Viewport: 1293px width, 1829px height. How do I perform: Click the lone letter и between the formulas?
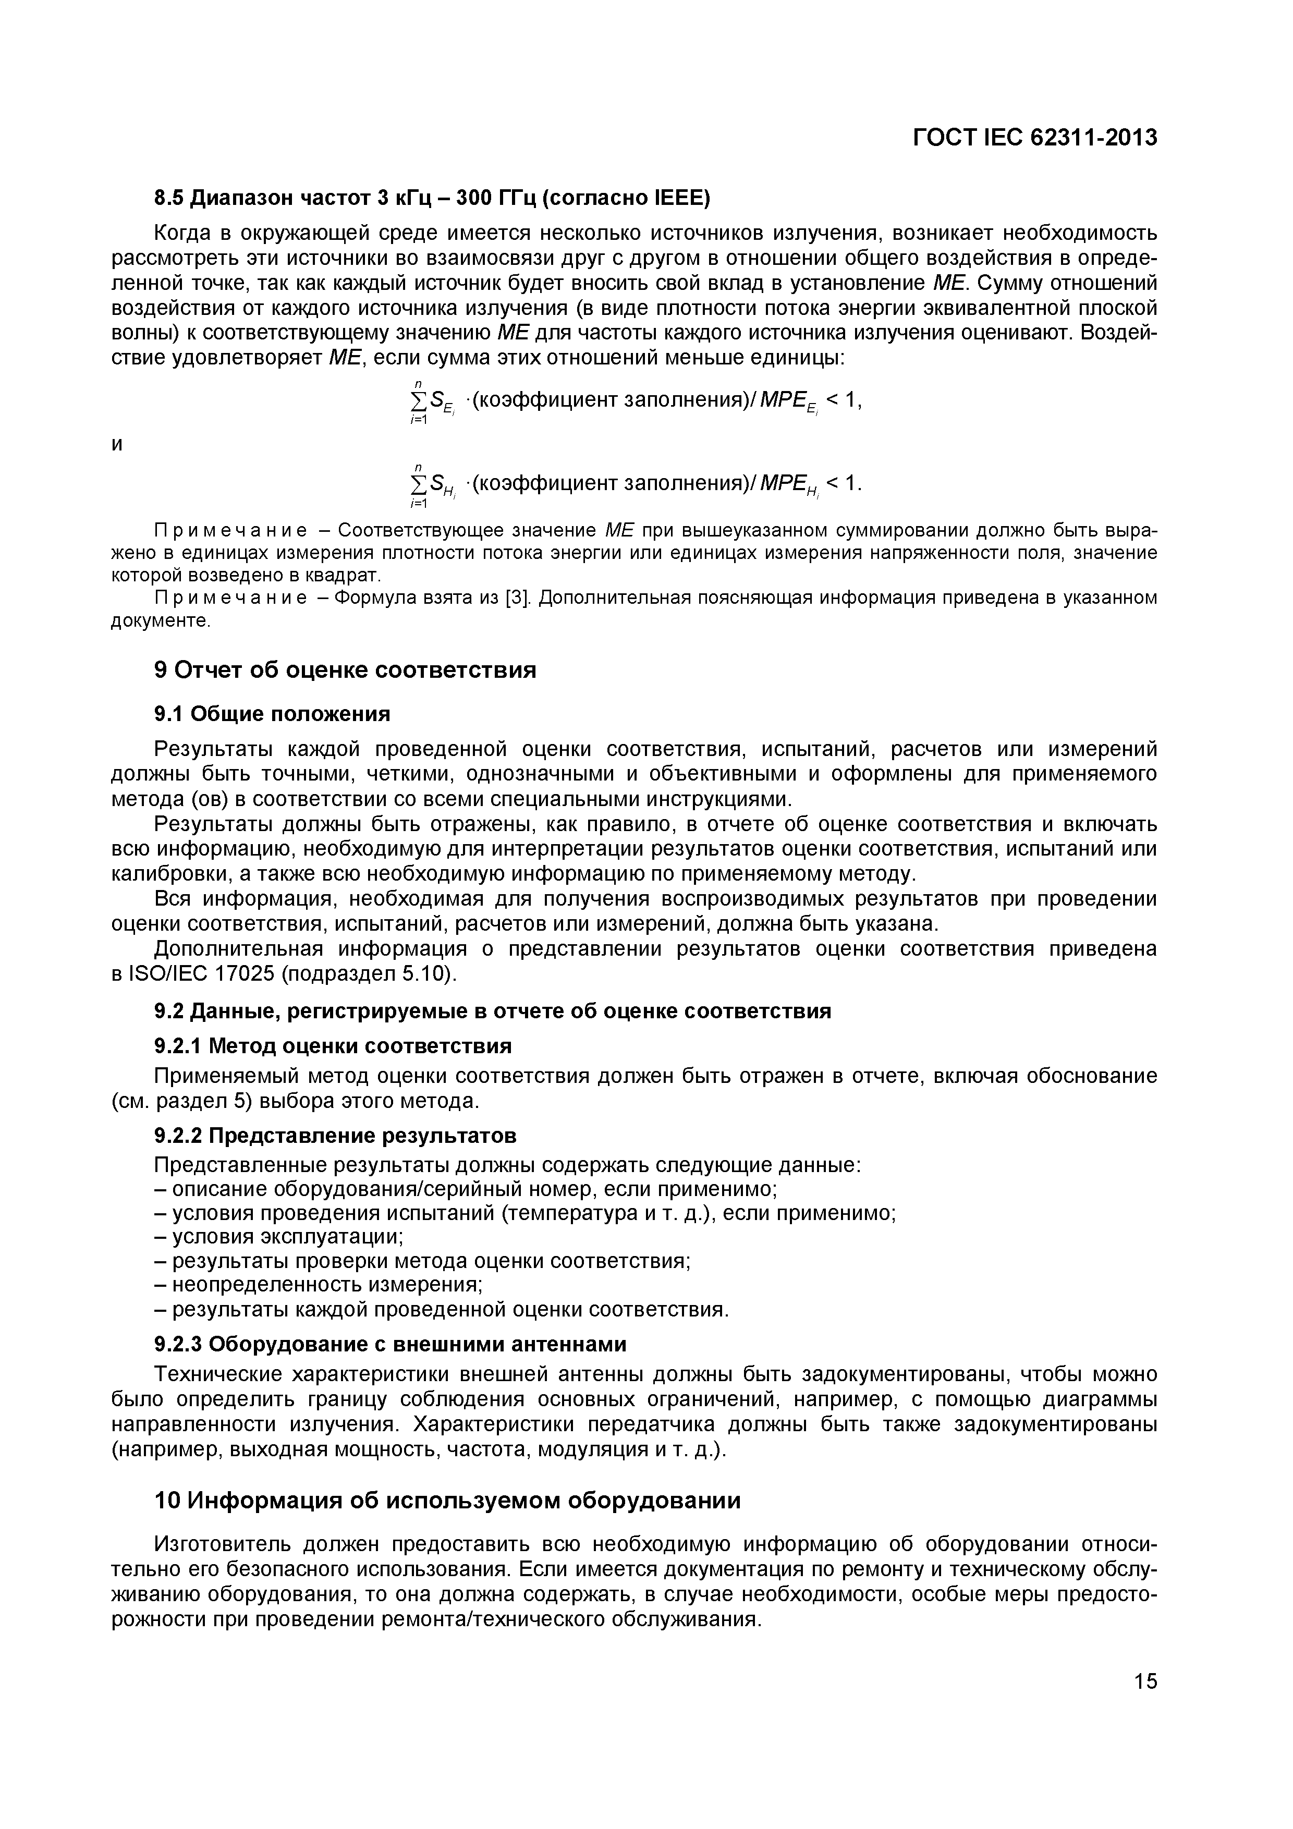117,445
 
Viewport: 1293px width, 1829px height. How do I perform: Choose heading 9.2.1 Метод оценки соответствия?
332,1044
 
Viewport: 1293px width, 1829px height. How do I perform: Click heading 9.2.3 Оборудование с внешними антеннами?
389,1344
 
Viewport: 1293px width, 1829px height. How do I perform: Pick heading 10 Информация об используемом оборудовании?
446,1500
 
